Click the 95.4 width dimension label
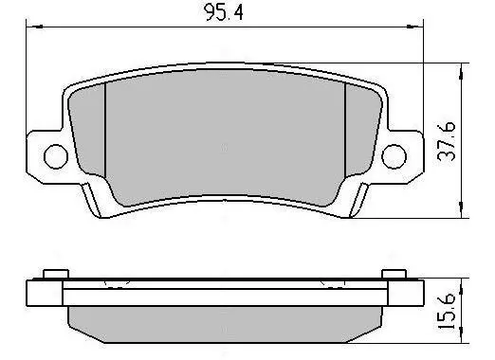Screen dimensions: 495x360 [224, 12]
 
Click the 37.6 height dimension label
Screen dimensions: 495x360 [447, 141]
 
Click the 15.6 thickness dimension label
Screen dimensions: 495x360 [447, 311]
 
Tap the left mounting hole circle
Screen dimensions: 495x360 [56, 156]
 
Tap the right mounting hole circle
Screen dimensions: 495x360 [394, 156]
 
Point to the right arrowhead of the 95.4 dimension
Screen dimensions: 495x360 [414, 27]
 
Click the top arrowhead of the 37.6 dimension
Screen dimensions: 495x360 [462, 71]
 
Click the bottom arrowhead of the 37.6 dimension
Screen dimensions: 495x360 [462, 209]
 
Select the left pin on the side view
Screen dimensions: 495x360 [56, 274]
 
